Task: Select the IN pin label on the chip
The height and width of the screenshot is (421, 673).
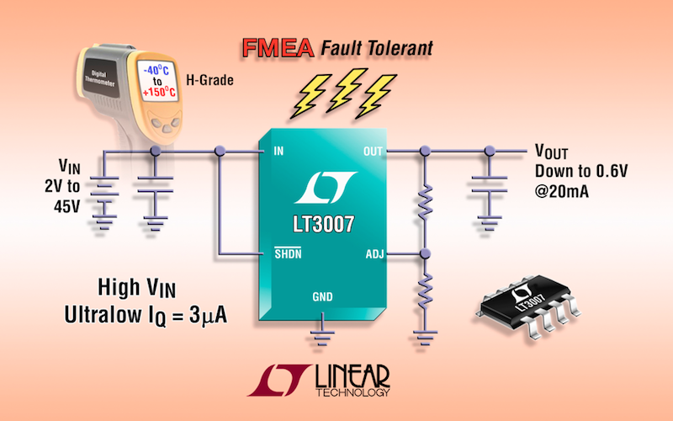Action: [278, 152]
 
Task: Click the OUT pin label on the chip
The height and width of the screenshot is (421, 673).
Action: [372, 152]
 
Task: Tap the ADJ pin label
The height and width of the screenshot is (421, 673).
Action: [374, 253]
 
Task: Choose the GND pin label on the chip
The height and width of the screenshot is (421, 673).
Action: [324, 297]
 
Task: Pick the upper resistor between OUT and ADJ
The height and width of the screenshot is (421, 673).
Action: [425, 201]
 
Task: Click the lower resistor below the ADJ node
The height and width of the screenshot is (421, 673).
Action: [425, 294]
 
